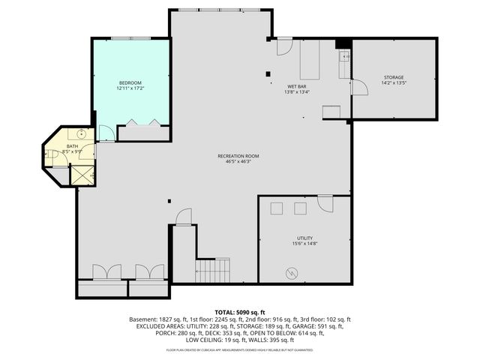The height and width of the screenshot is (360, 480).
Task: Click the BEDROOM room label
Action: [x=130, y=82]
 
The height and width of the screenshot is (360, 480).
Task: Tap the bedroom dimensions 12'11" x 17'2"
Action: [x=130, y=88]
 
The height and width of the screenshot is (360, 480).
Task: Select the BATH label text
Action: [x=72, y=146]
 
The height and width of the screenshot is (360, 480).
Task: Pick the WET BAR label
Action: [x=296, y=86]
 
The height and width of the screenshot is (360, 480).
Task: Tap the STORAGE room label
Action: [x=394, y=77]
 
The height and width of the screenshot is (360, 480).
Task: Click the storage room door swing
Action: [x=360, y=88]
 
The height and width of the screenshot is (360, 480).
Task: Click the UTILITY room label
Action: [x=304, y=238]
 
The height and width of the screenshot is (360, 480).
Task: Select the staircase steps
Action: [x=212, y=270]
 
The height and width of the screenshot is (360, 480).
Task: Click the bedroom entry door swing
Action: [x=106, y=133]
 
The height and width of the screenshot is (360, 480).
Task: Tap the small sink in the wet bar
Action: [x=346, y=56]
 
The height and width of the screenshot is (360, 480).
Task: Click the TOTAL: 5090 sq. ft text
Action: [x=239, y=311]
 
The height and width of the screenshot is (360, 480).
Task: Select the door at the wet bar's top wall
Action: [x=283, y=46]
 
